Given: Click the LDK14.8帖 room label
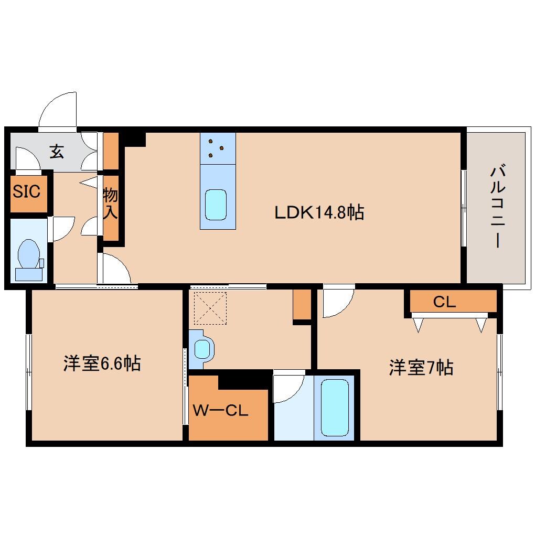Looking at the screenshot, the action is [x=319, y=212].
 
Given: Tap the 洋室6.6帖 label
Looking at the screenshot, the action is [x=102, y=363].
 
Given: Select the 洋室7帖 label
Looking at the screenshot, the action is [x=421, y=368].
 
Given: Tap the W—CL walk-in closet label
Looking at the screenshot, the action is [x=220, y=410].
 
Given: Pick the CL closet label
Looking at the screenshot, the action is [x=444, y=302].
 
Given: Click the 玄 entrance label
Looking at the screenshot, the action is [x=57, y=152].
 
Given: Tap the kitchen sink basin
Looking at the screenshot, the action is [x=216, y=205].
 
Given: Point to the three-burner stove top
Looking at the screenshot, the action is [x=218, y=148].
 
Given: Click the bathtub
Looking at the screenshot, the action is [x=335, y=408].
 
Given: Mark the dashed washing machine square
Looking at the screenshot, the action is [x=210, y=308].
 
